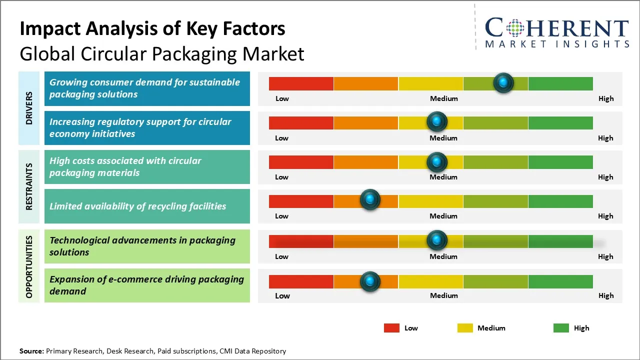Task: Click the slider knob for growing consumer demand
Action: point(503,82)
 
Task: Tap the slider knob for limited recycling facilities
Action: point(370,200)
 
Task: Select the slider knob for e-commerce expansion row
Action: point(370,281)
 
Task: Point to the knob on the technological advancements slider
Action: point(436,240)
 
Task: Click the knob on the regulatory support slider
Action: point(436,121)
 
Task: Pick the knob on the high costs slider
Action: point(436,162)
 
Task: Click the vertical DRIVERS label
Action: point(29,108)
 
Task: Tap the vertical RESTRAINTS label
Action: point(29,186)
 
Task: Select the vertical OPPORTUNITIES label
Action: point(29,266)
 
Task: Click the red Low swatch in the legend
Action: point(391,328)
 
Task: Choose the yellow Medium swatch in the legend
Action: point(465,328)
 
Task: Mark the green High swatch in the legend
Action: point(561,328)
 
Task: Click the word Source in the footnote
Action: point(31,351)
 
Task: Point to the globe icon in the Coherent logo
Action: point(514,28)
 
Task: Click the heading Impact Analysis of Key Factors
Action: point(152,29)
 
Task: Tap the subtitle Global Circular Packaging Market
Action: point(162,53)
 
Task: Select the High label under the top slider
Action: point(605,98)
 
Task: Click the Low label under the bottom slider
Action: point(282,295)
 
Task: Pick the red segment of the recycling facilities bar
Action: point(301,201)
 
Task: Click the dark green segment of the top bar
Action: point(560,83)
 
